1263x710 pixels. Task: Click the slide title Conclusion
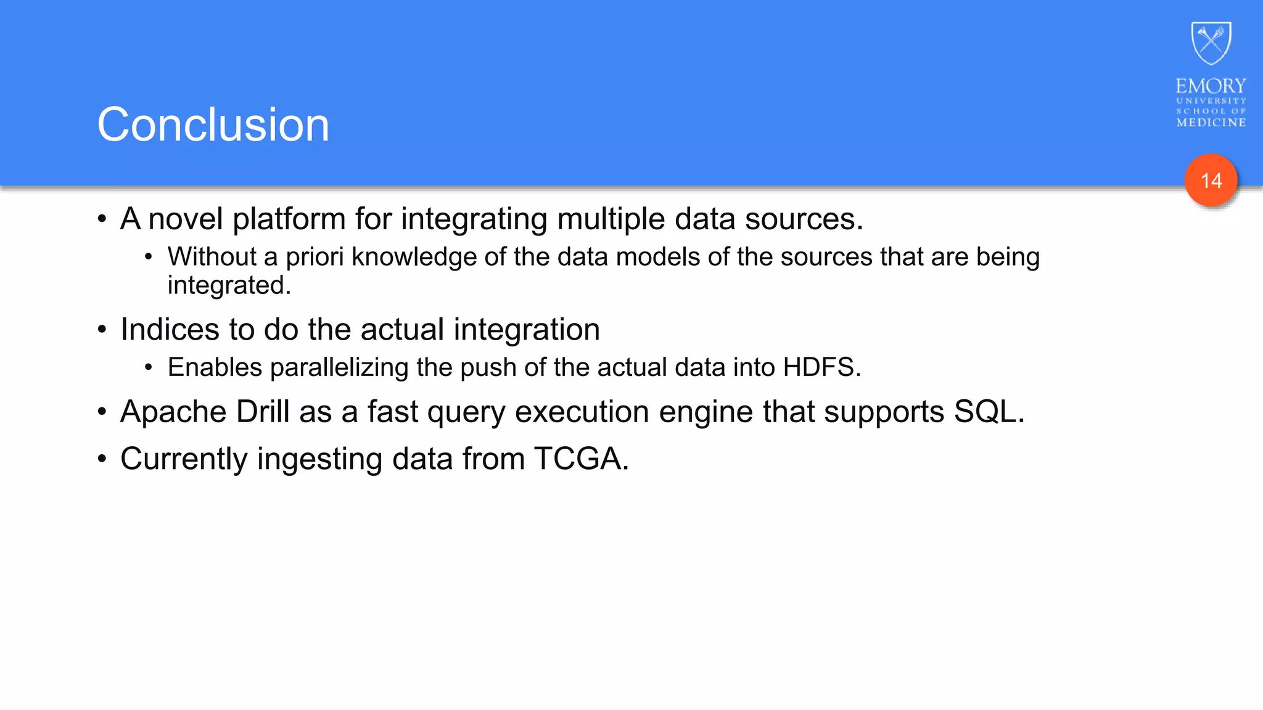[213, 124]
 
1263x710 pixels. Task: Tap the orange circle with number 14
[1211, 181]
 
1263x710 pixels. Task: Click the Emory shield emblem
[1211, 43]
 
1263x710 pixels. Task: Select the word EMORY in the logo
[1211, 86]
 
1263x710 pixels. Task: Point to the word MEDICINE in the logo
[1211, 123]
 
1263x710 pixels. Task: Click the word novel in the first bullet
[186, 219]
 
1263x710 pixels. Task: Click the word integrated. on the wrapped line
[229, 285]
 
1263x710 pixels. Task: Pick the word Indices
[170, 329]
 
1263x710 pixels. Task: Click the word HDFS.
[821, 367]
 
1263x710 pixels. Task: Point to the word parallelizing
[339, 368]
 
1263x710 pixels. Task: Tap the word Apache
[173, 412]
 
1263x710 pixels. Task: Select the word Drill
[263, 411]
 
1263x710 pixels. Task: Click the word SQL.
[989, 411]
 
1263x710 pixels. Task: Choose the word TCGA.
[581, 459]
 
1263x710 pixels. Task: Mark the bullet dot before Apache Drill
[102, 411]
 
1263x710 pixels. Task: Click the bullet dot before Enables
[148, 367]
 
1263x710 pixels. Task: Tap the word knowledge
[414, 258]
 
